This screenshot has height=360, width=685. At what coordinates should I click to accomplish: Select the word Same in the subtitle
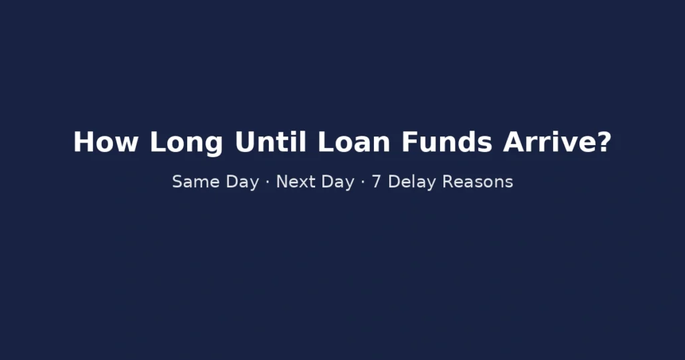pyautogui.click(x=193, y=181)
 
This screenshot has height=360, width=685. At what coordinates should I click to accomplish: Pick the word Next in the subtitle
pyautogui.click(x=296, y=181)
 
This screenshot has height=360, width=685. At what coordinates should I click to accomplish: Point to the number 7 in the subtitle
pyautogui.click(x=377, y=181)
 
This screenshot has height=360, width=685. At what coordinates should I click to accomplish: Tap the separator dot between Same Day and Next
pyautogui.click(x=268, y=182)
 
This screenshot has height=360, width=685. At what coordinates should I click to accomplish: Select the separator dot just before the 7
pyautogui.click(x=363, y=182)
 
